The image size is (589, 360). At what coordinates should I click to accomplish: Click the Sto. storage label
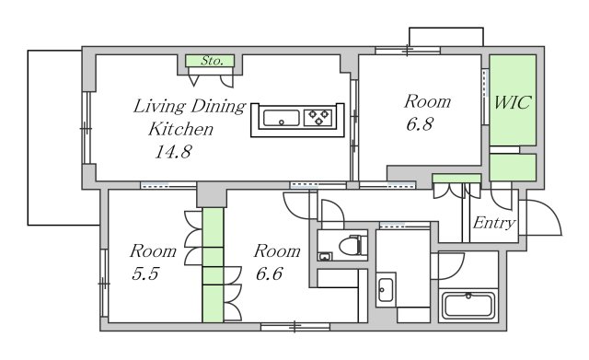click(212, 61)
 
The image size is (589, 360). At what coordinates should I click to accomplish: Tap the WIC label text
click(513, 102)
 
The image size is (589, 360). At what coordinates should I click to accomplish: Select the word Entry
click(493, 223)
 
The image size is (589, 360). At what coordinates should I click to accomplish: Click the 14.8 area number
click(174, 151)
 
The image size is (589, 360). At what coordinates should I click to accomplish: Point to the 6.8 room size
click(420, 124)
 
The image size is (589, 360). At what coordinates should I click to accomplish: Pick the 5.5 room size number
click(145, 273)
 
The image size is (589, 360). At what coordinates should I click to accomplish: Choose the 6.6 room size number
click(269, 273)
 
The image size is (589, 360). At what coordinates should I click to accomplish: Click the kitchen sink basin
click(282, 118)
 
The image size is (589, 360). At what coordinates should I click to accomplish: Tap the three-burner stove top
click(318, 117)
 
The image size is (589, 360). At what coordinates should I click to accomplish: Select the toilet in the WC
click(353, 246)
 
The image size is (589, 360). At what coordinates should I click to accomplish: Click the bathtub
click(468, 305)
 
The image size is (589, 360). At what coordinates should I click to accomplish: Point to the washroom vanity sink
click(386, 290)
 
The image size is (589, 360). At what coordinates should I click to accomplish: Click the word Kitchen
click(181, 129)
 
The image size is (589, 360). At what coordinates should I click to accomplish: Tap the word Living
click(159, 107)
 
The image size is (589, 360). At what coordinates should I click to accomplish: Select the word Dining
click(218, 107)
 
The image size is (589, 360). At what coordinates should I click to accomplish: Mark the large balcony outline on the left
click(29, 137)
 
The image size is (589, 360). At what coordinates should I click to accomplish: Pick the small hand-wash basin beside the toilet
click(325, 256)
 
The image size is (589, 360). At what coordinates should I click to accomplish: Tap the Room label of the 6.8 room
click(427, 101)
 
